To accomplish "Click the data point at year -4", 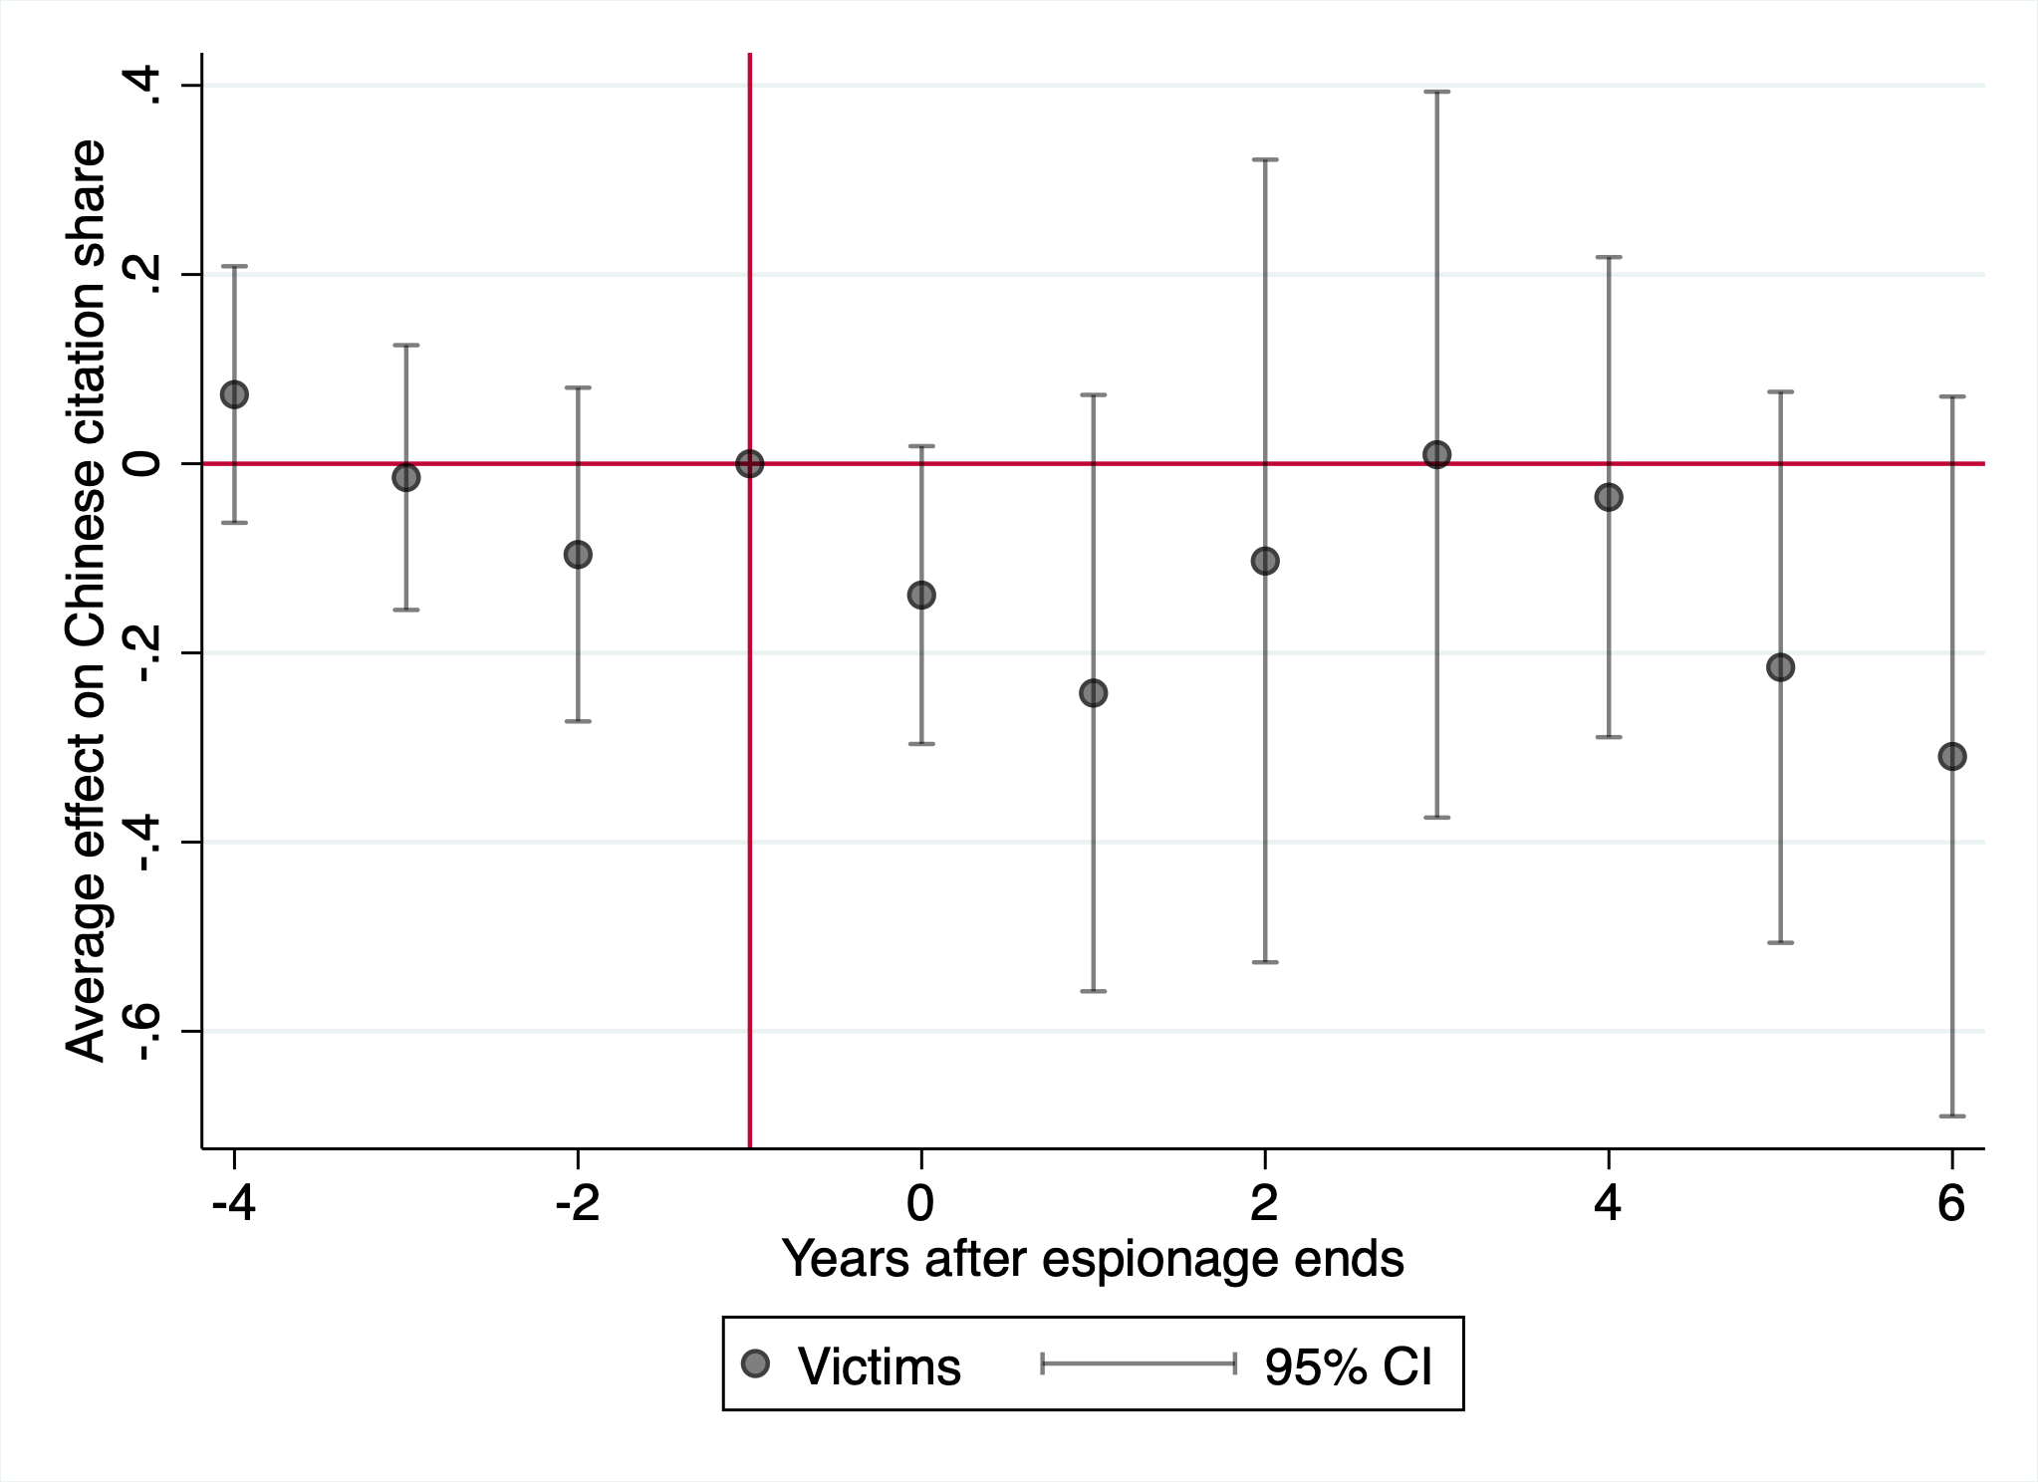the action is [234, 394].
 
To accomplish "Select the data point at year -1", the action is [749, 463].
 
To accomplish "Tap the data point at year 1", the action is [1093, 692].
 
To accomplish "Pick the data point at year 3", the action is [1436, 455].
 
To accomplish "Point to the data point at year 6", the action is [1951, 756].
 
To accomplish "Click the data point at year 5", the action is [1780, 666].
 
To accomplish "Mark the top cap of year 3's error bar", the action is [1436, 92].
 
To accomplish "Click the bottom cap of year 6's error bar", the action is [1951, 1115].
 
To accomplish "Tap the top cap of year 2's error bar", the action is [1265, 159].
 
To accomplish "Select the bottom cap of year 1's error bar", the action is [1093, 991].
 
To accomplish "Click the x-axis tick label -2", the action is [577, 1204].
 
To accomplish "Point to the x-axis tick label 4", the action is [1608, 1204].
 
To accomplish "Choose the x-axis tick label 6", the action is [1951, 1204].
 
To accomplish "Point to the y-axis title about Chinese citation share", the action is [87, 601].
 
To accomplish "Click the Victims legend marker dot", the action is [756, 1363].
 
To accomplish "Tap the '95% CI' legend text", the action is [1349, 1366].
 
